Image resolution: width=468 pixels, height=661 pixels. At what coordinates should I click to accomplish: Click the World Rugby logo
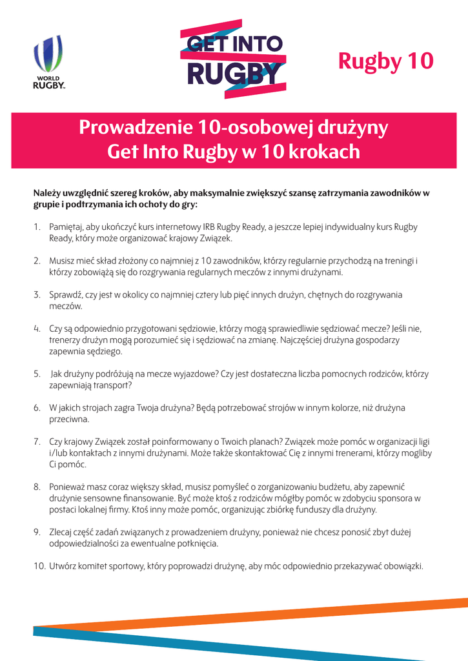[49, 62]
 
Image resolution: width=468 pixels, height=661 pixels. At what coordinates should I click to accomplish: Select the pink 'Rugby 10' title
[386, 61]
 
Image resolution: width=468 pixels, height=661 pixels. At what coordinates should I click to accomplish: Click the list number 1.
[36, 227]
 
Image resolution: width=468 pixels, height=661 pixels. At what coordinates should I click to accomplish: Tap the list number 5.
[37, 374]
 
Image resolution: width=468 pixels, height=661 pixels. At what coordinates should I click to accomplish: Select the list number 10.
[39, 567]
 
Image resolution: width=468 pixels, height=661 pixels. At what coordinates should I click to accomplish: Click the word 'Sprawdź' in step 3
[65, 294]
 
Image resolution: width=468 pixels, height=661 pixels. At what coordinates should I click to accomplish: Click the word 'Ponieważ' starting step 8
[68, 487]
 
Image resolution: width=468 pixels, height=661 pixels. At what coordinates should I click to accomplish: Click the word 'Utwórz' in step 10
[63, 567]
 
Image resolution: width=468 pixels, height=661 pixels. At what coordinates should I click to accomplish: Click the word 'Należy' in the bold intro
[47, 194]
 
